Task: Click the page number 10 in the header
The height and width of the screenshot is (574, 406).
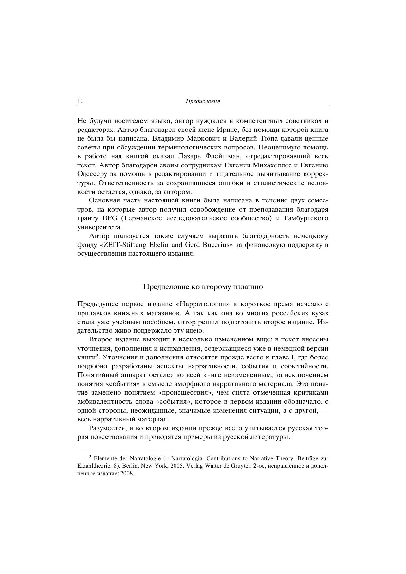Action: [x=81, y=101]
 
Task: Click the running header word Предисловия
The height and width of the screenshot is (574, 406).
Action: [x=203, y=101]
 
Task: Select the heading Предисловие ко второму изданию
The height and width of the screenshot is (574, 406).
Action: [x=203, y=287]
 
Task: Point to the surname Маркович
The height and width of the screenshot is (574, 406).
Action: [x=201, y=139]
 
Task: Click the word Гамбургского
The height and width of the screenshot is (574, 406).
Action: [x=306, y=218]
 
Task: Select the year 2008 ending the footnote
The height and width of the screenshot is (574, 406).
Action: [x=127, y=474]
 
